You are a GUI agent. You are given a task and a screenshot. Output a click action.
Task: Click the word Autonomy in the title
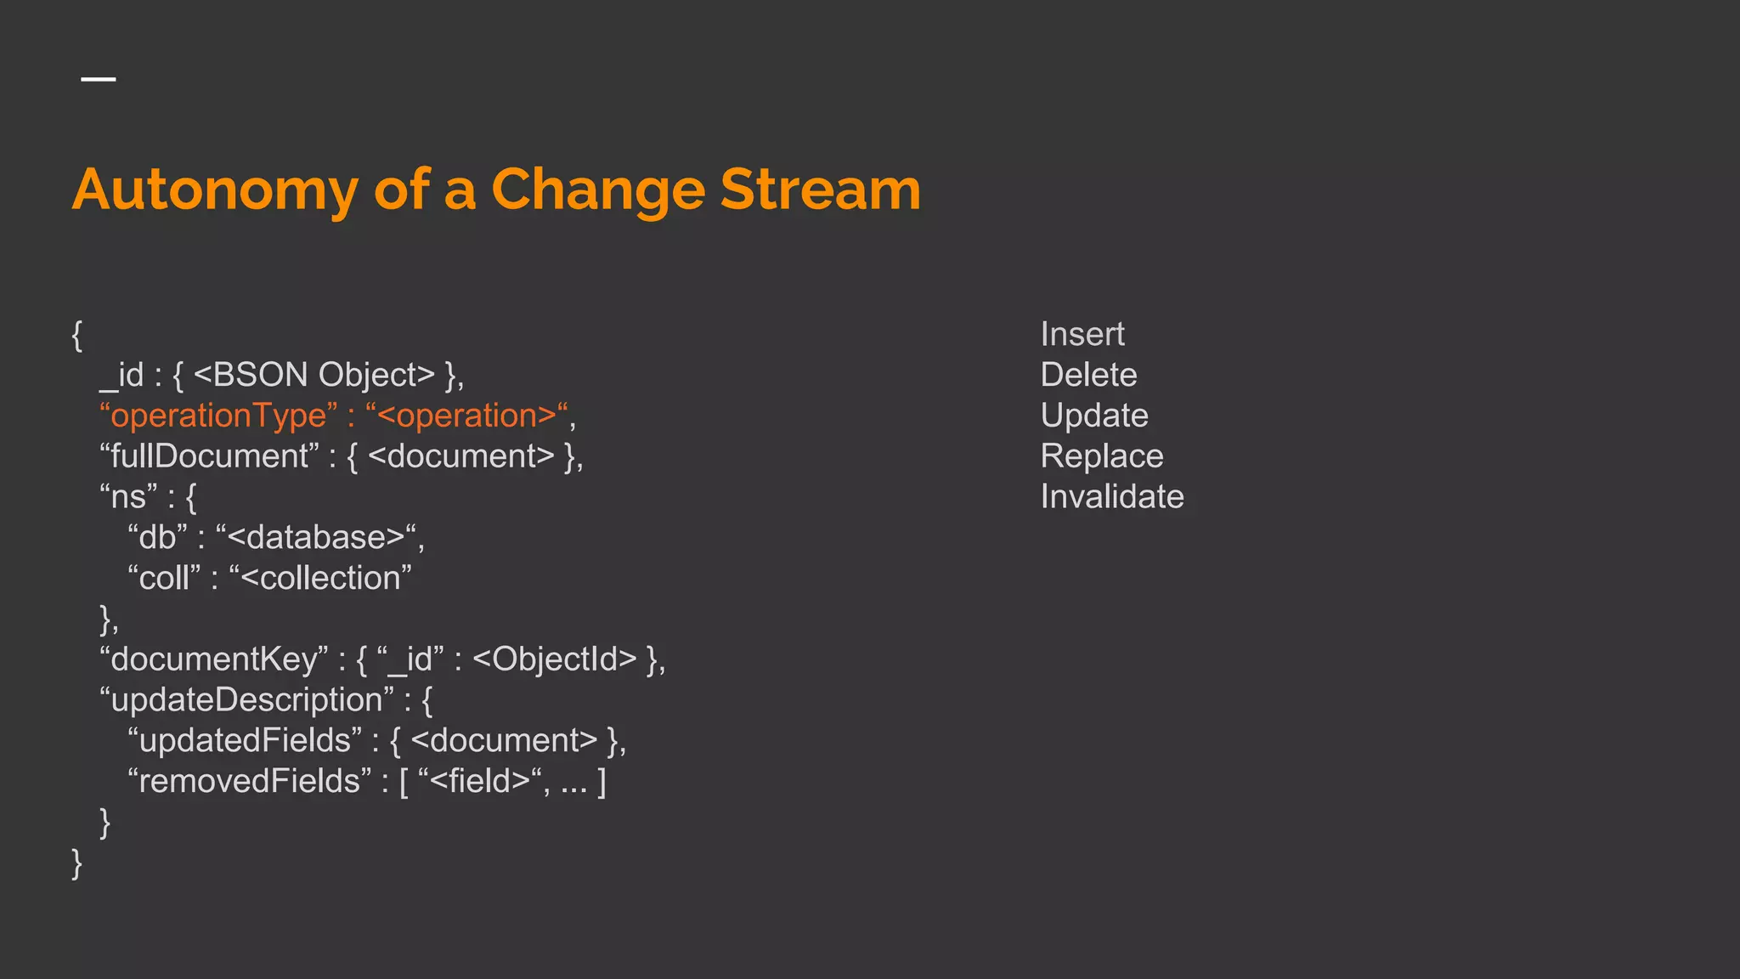tap(215, 190)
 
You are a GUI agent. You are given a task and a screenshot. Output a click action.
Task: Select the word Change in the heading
tap(598, 190)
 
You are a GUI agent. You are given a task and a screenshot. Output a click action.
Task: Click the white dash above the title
tap(99, 79)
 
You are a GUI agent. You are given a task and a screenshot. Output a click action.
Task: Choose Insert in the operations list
tap(1082, 334)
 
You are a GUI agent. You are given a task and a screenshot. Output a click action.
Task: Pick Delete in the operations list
tap(1088, 375)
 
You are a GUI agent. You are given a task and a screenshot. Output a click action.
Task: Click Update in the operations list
tap(1094, 416)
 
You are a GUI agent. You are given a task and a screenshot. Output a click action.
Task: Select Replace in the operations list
tap(1102, 456)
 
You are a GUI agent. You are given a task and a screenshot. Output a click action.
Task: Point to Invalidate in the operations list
tap(1112, 496)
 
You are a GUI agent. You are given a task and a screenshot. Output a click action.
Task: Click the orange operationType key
tap(218, 416)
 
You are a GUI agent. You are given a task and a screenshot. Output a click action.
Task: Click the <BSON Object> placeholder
tap(314, 375)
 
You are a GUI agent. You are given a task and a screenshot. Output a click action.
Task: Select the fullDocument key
tap(209, 456)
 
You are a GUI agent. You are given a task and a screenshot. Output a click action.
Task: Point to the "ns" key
tap(128, 497)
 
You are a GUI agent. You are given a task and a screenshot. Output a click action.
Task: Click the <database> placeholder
tap(316, 537)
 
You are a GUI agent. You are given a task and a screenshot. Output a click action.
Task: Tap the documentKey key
tap(213, 659)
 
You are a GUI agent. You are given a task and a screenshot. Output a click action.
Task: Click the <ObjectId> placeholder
tap(554, 659)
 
